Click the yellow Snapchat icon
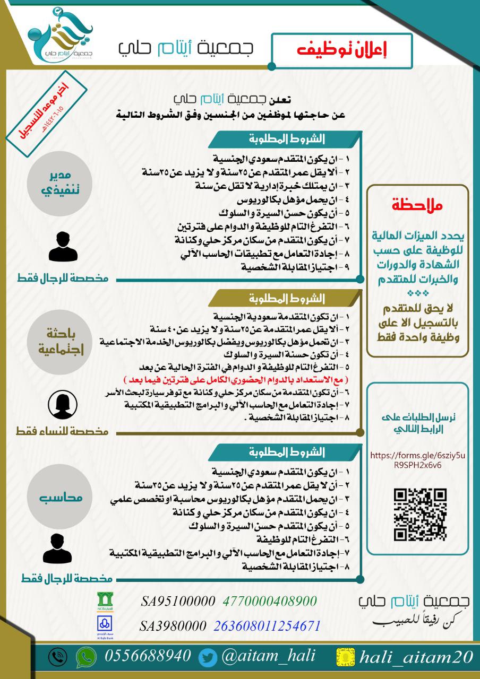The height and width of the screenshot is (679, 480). (x=346, y=657)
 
